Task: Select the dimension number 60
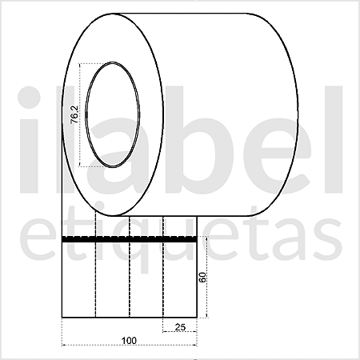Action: click(202, 278)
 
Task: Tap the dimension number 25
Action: click(181, 327)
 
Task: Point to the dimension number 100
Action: click(129, 340)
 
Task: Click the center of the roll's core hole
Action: click(111, 116)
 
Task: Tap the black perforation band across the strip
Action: click(129, 239)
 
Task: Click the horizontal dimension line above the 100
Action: click(129, 345)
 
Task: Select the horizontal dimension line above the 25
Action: click(180, 332)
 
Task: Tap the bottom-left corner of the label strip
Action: click(62, 318)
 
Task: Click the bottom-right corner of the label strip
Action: click(197, 318)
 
